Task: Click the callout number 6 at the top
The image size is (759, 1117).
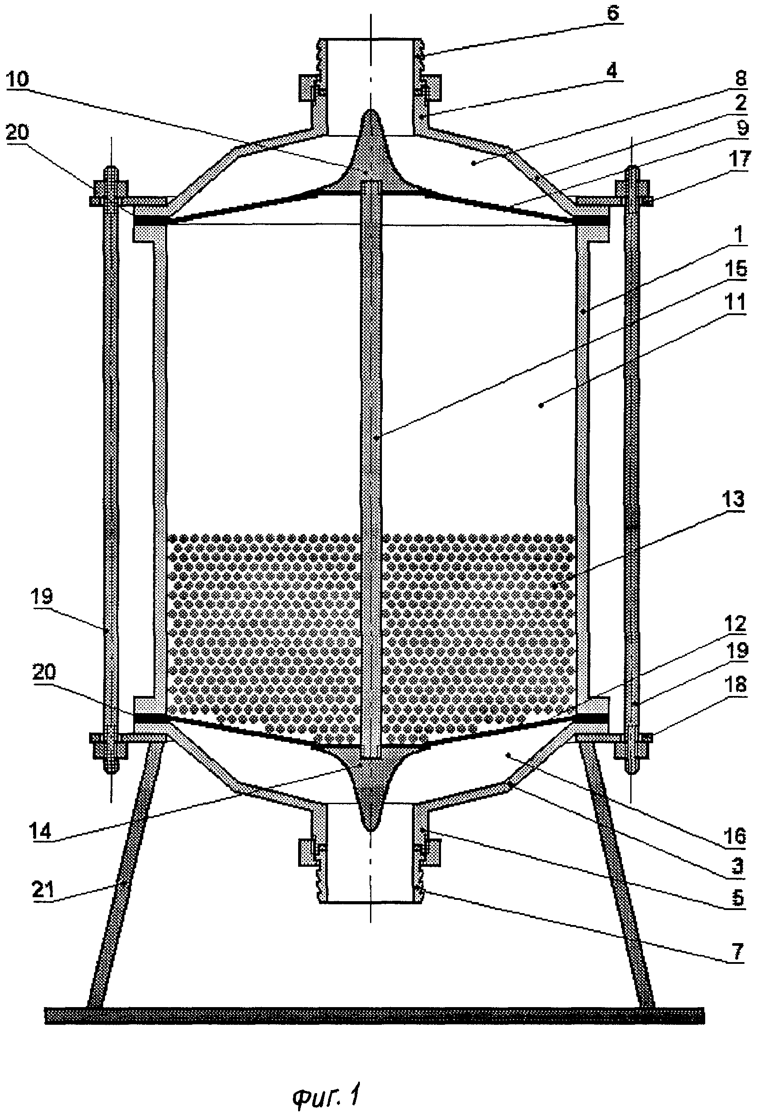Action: (613, 13)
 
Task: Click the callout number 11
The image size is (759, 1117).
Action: (736, 302)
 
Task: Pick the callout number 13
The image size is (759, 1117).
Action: (733, 500)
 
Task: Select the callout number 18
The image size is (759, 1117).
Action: (736, 684)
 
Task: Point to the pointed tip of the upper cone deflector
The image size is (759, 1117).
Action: (370, 110)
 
